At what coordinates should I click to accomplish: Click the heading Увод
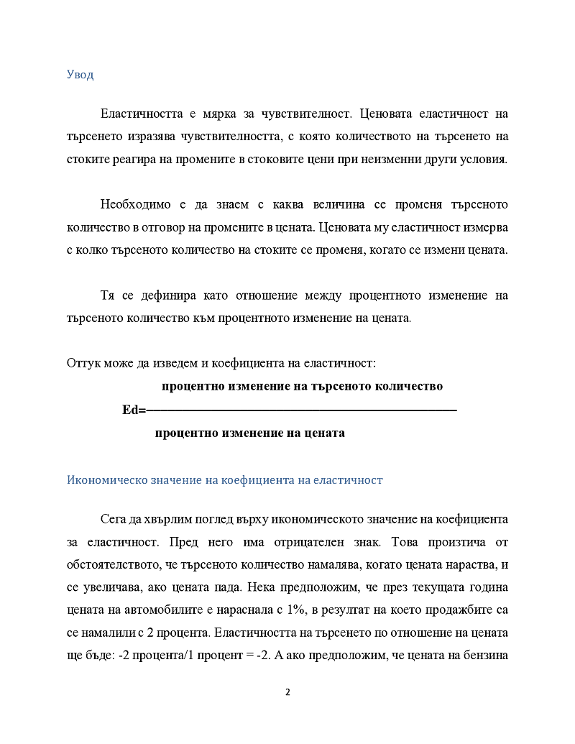point(80,75)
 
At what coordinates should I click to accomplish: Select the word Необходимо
point(136,205)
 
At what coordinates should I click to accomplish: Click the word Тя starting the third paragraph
point(108,295)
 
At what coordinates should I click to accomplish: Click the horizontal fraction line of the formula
point(302,410)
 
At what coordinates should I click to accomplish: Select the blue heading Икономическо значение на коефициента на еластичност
point(224,479)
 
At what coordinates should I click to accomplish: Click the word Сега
point(115,518)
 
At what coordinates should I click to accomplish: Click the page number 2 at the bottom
point(287,692)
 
